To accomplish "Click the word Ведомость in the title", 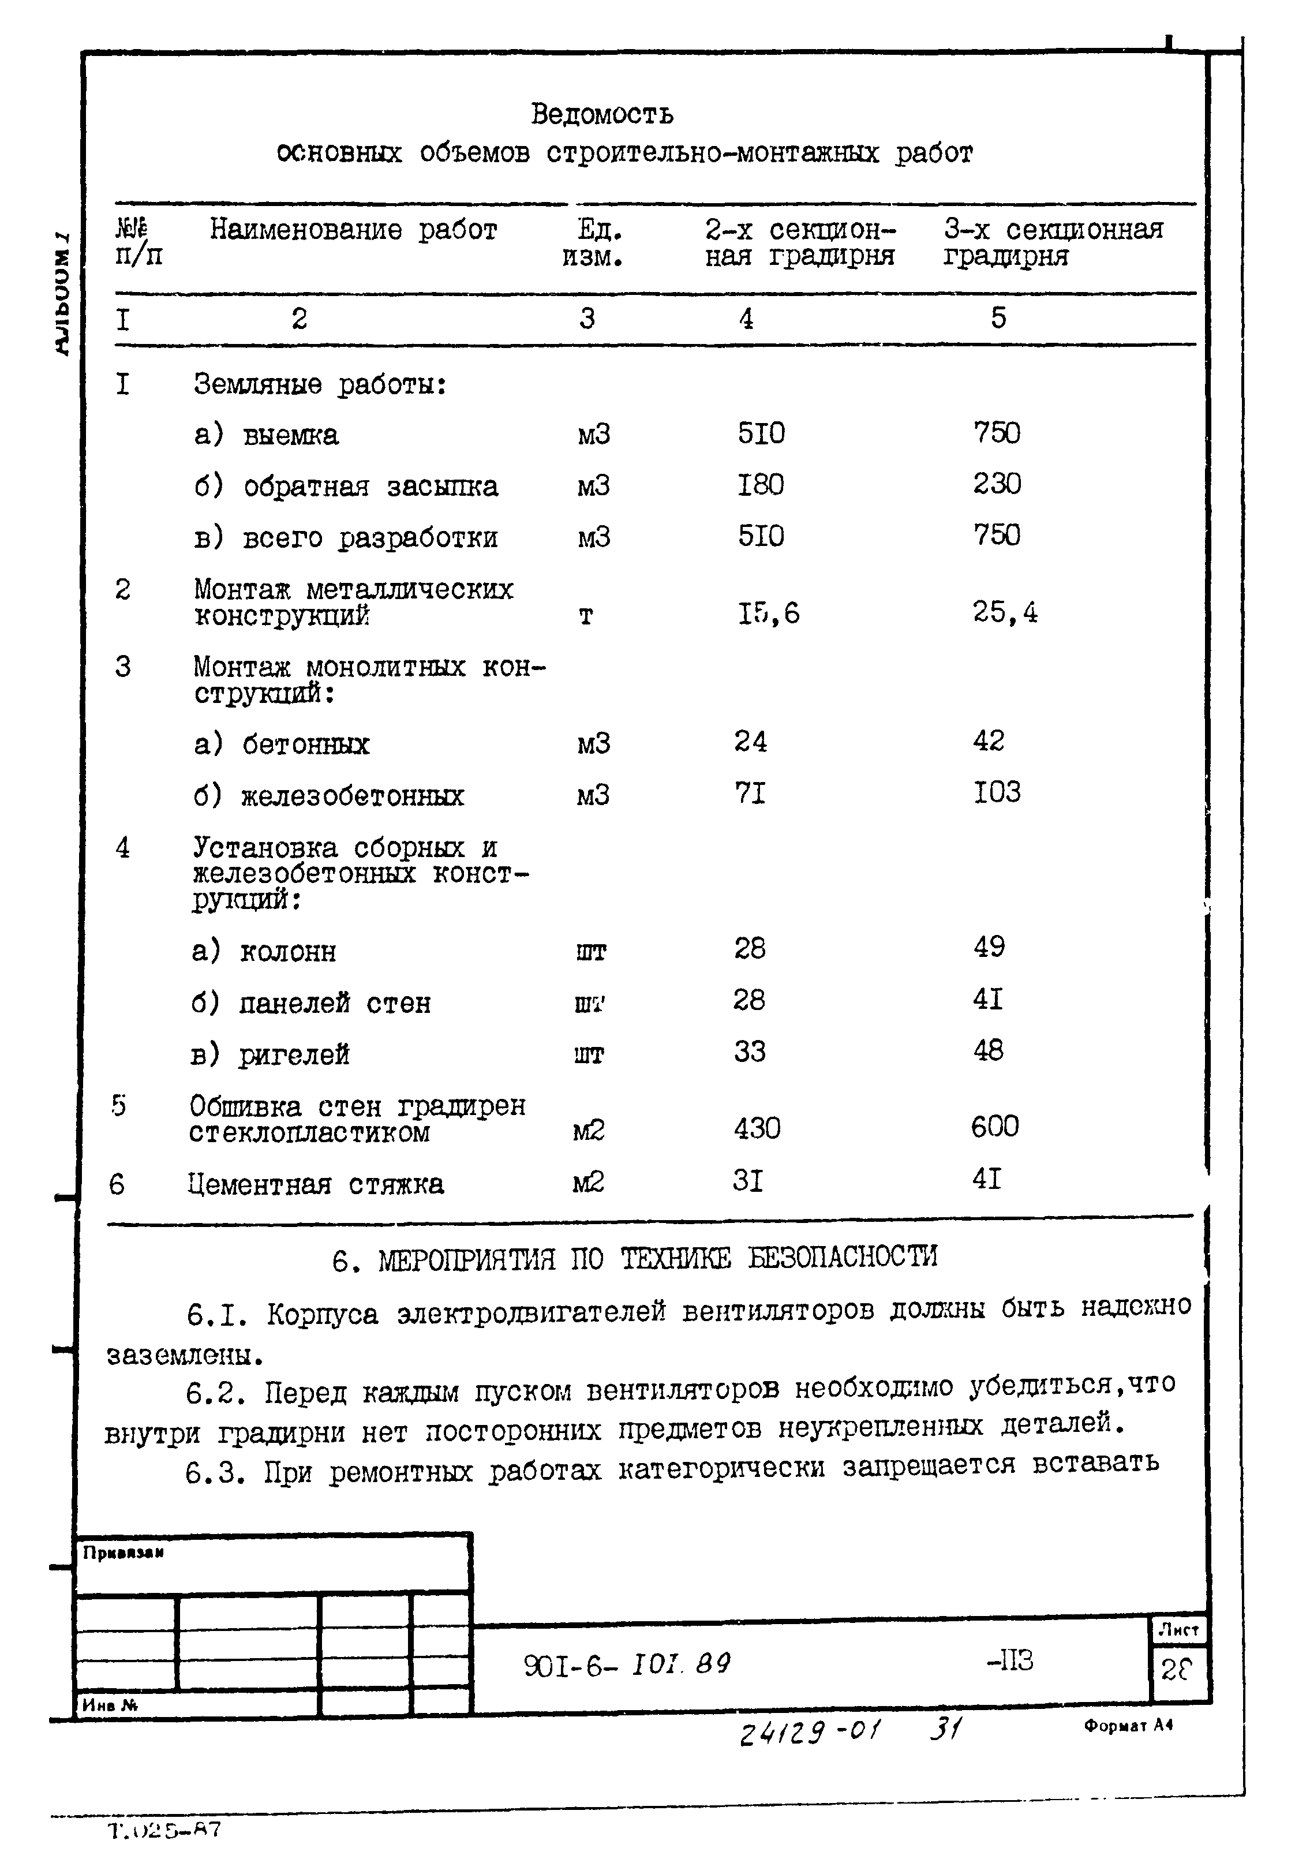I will click(601, 114).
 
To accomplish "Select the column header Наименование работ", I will click(353, 230).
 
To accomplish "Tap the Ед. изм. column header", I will click(593, 244).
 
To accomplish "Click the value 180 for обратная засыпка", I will click(760, 485).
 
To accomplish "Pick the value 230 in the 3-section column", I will click(997, 484).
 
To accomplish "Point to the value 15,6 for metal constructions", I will click(768, 614).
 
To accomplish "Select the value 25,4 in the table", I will click(1005, 612).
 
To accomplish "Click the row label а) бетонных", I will click(282, 744).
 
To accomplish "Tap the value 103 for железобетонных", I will click(997, 792).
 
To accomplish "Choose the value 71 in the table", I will click(749, 792).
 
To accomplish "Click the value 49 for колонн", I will click(989, 947).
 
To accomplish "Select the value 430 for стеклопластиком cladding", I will click(756, 1128).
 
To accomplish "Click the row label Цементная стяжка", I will click(316, 1184).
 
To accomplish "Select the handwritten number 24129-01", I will click(809, 1734).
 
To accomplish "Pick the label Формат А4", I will click(1128, 1726).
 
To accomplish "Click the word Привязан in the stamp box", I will click(123, 1553).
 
